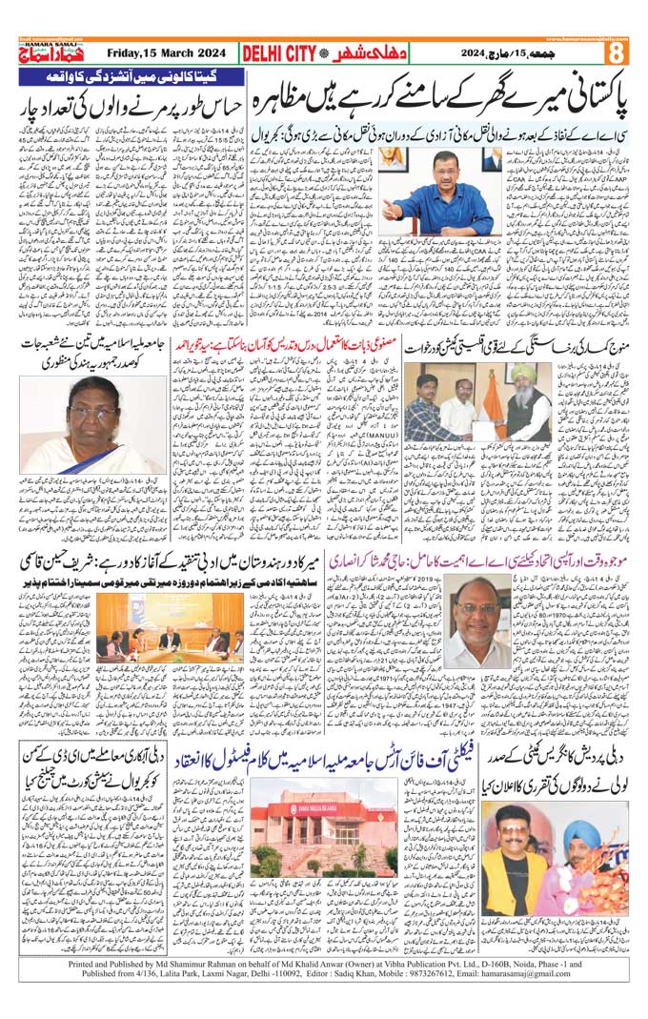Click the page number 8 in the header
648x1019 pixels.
click(x=617, y=51)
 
